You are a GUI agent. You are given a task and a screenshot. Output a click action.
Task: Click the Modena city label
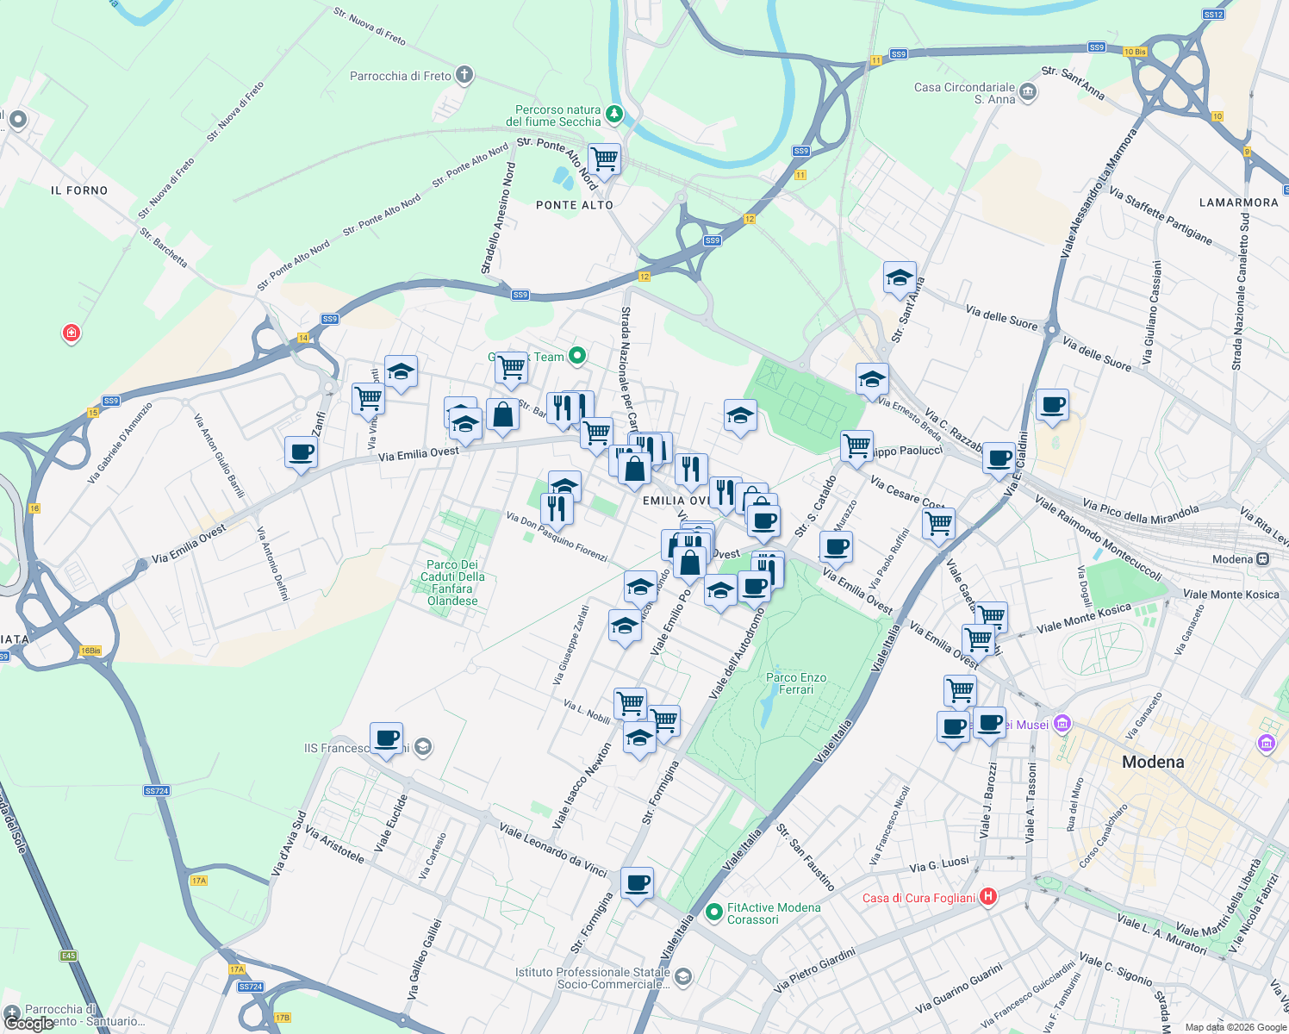tap(1153, 762)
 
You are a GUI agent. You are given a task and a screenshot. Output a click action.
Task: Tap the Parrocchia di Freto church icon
tap(464, 75)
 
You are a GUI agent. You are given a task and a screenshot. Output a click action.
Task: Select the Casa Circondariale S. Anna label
tap(964, 93)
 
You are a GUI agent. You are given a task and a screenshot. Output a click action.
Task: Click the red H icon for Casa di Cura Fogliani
tap(988, 897)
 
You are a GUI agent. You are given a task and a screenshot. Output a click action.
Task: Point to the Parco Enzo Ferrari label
tap(796, 683)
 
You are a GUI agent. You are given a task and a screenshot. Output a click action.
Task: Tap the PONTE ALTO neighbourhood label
tap(575, 205)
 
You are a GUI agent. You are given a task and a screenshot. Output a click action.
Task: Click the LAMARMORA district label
tap(1238, 202)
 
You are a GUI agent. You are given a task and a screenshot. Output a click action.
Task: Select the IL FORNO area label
tap(79, 190)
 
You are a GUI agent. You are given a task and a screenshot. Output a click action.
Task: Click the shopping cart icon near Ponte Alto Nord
tap(604, 159)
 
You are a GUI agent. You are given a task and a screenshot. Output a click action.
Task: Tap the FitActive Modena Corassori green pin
tap(713, 912)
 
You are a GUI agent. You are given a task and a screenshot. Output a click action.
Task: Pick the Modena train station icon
tap(1262, 559)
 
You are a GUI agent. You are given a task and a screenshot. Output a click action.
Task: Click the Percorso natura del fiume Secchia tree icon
tap(613, 113)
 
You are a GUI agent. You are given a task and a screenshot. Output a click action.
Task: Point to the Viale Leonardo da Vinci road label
tap(553, 850)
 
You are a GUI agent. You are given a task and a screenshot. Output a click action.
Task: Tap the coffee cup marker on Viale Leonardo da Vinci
tap(637, 883)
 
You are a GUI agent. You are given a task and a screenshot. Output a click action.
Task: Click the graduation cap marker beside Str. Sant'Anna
tap(899, 278)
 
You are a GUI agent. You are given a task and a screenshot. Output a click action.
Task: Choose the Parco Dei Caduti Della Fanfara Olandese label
tap(453, 582)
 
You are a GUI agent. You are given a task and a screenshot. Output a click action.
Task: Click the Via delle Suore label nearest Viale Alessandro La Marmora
tap(1001, 316)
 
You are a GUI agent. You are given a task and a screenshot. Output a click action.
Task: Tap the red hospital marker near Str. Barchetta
tap(72, 333)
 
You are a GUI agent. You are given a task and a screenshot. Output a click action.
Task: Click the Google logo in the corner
tap(29, 1023)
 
